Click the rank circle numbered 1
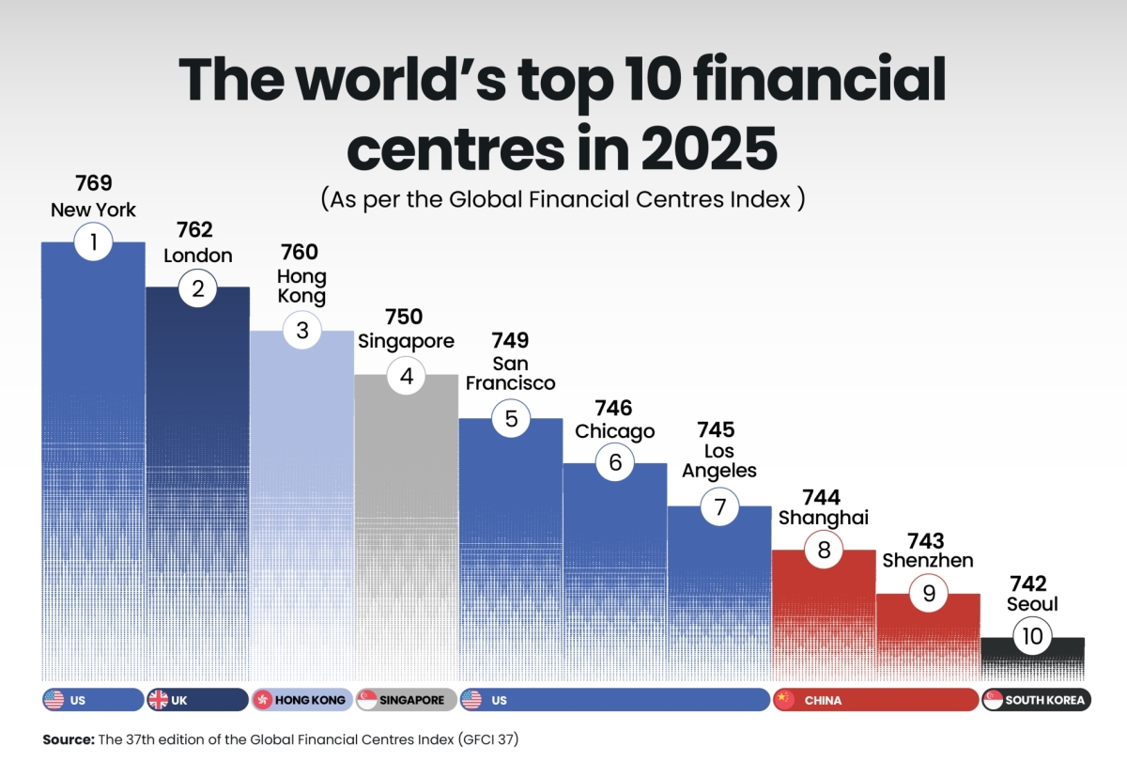point(93,243)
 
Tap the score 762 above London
point(194,230)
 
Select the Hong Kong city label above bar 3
point(301,287)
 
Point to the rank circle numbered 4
point(407,376)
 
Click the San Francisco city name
point(510,373)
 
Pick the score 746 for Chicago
point(614,408)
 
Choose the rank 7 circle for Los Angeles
point(719,507)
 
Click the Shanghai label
point(824,518)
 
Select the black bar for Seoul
point(1032,662)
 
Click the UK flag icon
point(158,700)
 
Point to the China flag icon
point(784,700)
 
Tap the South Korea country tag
point(1036,700)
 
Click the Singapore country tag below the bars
point(406,700)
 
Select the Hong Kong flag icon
point(262,700)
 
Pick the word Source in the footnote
point(68,739)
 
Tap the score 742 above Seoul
point(1027,584)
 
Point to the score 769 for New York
point(93,184)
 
